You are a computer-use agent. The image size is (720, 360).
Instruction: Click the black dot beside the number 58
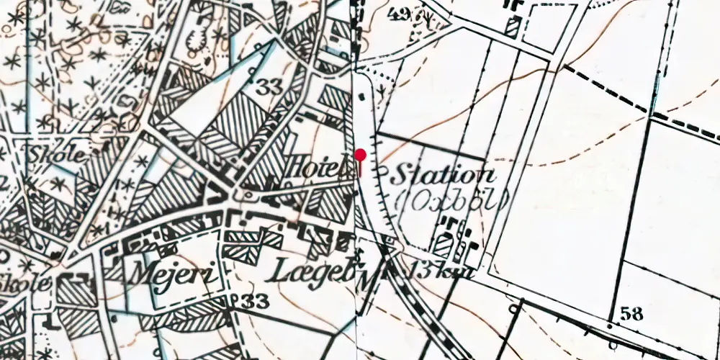(x=611, y=325)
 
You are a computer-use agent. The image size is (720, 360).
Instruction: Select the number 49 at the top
(x=404, y=13)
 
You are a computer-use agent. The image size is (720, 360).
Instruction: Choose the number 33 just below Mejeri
(x=252, y=300)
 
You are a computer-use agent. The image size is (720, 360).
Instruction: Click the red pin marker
(x=361, y=155)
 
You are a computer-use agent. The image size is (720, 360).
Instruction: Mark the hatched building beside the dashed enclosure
(x=511, y=27)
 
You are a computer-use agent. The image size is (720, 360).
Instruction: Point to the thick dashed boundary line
(x=634, y=101)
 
